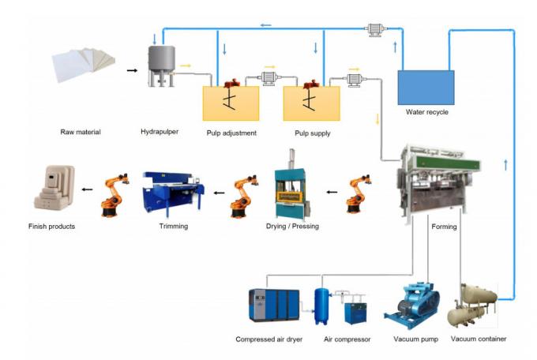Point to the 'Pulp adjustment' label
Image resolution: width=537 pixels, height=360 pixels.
pyautogui.click(x=231, y=133)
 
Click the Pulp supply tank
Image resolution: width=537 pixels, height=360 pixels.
pyautogui.click(x=311, y=102)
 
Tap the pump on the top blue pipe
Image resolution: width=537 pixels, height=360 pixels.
pyautogui.click(x=374, y=30)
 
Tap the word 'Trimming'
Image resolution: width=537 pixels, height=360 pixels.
pyautogui.click(x=172, y=227)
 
